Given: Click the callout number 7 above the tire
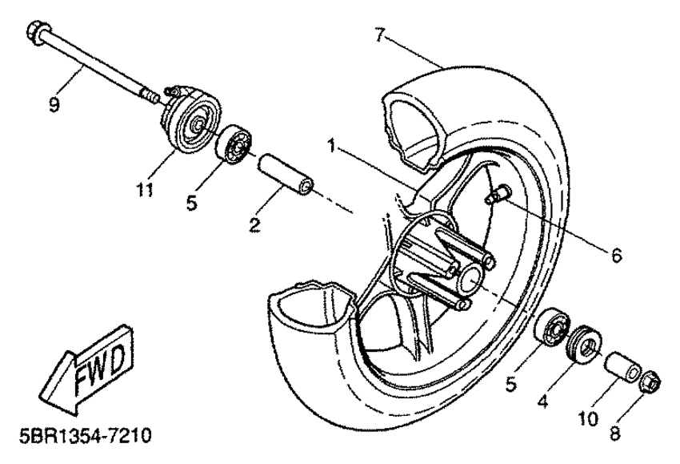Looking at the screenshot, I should (381, 34).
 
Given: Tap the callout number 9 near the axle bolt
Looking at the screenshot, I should (54, 104).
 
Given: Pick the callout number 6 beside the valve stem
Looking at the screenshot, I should (616, 256).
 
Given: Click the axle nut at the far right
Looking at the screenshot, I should (650, 382).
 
